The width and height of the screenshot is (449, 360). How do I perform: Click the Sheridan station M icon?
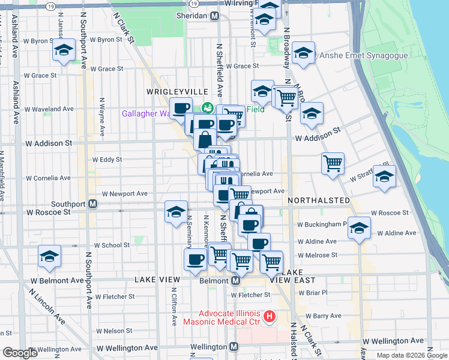[x=214, y=16]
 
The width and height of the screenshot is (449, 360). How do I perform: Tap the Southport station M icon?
[x=93, y=203]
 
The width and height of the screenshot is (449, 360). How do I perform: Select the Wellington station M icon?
[x=234, y=347]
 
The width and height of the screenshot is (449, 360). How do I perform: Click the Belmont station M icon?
[x=236, y=280]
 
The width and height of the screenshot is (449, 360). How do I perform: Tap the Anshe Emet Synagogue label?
[x=364, y=56]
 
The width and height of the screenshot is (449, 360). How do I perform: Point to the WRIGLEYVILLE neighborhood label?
[x=178, y=91]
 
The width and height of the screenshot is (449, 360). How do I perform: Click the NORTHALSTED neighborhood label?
[x=319, y=200]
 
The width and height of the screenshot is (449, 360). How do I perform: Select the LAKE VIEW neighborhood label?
[x=157, y=280]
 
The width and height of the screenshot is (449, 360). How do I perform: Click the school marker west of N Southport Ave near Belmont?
[x=49, y=256]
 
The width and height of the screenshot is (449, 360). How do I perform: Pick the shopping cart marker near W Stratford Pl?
[x=333, y=162]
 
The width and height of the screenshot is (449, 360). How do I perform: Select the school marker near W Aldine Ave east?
[x=359, y=227]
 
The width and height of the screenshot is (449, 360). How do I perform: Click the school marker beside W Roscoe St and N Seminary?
[x=176, y=211]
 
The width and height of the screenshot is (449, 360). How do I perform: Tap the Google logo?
[x=20, y=353]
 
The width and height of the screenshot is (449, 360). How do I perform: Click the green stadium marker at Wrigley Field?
[x=208, y=108]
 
